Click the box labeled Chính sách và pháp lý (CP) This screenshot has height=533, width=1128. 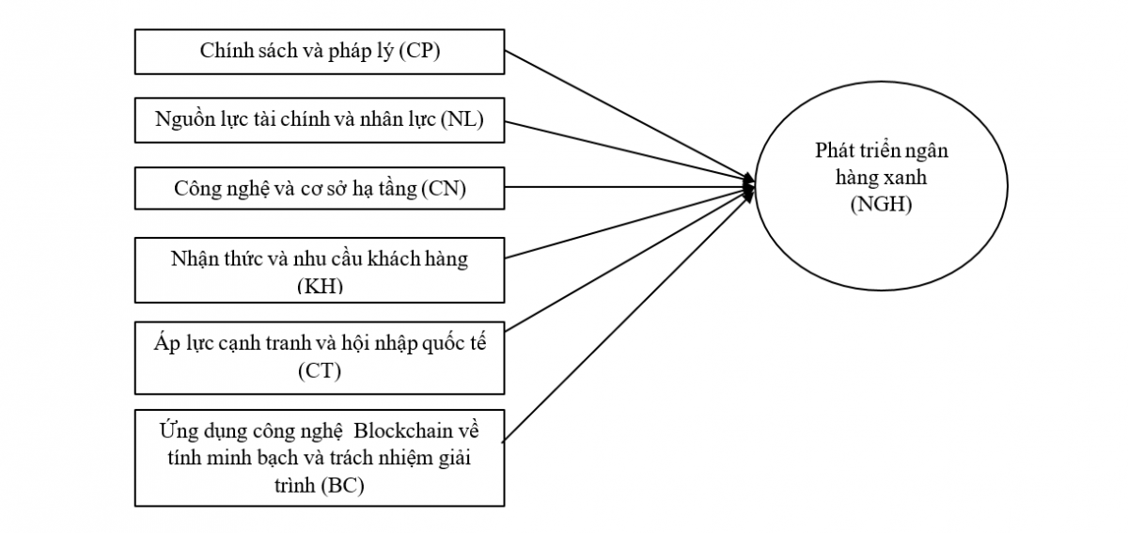320,52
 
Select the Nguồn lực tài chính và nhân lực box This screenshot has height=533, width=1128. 320,120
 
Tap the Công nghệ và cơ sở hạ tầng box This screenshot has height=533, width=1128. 320,189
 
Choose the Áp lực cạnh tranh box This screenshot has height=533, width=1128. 320,356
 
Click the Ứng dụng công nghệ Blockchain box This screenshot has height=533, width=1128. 320,458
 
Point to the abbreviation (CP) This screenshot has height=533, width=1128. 419,52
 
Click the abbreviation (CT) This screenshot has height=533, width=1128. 320,371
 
